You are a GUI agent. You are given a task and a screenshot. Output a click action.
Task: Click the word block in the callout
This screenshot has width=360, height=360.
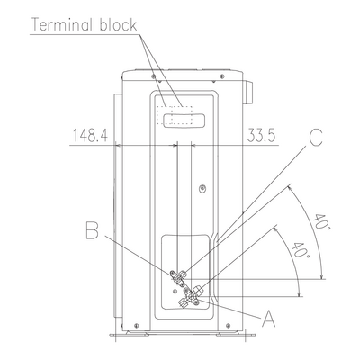(x=118, y=24)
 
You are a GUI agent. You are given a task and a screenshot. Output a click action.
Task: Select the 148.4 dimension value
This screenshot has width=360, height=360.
(x=90, y=136)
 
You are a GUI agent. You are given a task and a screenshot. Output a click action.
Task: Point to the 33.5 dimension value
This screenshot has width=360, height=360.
(x=261, y=136)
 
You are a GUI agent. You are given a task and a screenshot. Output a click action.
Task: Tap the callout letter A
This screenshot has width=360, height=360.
(x=269, y=319)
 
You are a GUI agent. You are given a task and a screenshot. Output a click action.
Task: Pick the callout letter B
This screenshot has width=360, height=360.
(x=92, y=230)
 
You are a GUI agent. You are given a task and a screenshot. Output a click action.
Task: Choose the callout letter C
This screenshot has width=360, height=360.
(x=316, y=138)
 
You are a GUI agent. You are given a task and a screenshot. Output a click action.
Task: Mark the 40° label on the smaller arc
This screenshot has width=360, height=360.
(x=301, y=249)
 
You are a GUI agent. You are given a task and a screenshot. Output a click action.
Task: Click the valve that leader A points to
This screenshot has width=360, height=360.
(x=191, y=296)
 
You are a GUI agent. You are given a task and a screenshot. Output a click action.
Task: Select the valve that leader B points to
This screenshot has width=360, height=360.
(x=178, y=277)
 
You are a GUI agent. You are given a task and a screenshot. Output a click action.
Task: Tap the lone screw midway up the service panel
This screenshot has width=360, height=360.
(x=203, y=188)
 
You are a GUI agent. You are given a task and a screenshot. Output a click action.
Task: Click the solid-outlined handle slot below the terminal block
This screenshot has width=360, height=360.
(x=184, y=121)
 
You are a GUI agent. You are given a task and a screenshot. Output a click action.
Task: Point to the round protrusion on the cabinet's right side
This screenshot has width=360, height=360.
(x=247, y=93)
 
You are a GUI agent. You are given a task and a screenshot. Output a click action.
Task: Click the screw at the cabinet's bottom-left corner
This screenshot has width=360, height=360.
(x=136, y=325)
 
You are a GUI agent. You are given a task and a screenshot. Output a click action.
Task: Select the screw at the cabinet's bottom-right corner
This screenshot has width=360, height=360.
(x=228, y=325)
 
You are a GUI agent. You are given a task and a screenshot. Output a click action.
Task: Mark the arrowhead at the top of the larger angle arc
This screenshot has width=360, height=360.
(x=290, y=189)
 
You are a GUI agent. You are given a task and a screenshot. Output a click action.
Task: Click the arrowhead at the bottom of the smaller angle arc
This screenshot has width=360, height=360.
(x=299, y=293)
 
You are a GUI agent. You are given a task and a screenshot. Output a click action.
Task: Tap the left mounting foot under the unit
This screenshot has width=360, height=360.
(x=129, y=333)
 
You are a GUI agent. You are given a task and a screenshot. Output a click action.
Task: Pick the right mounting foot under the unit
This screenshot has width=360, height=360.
(x=237, y=333)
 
